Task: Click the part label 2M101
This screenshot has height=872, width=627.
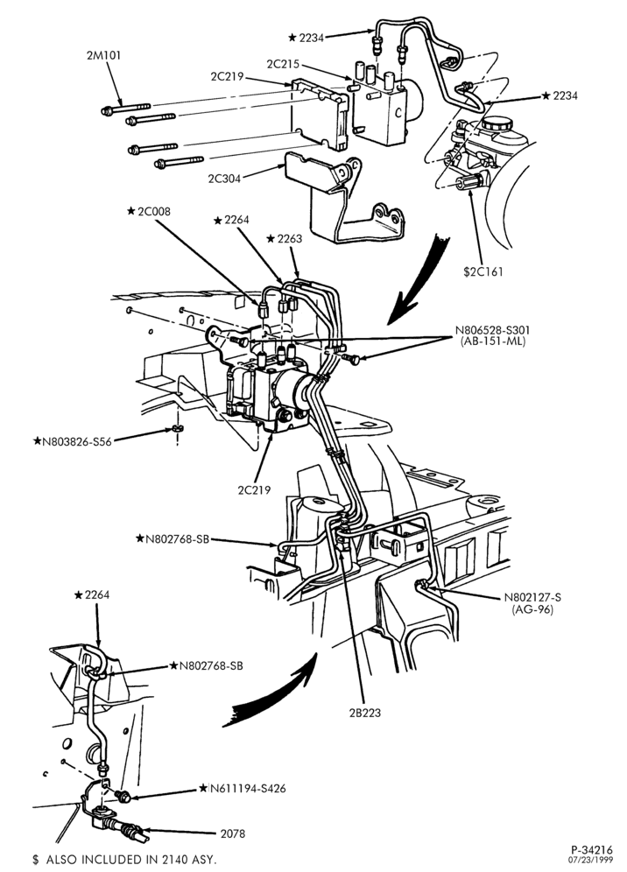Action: (103, 55)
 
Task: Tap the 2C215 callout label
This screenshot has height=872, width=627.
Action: (283, 64)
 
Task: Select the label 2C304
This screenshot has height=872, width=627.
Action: (225, 179)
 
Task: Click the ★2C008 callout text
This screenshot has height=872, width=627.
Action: (149, 211)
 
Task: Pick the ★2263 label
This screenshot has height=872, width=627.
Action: (284, 239)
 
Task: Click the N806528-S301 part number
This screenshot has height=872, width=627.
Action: (492, 331)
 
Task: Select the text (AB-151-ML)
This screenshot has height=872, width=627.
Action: (493, 341)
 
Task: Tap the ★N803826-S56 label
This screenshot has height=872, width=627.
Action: (73, 441)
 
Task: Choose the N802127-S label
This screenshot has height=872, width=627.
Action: (532, 598)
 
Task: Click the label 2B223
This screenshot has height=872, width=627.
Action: (365, 713)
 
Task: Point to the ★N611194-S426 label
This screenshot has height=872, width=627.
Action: (243, 788)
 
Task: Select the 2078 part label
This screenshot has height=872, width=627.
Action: (233, 833)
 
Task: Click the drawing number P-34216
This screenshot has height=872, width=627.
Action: (591, 850)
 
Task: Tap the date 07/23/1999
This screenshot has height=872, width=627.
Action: (591, 860)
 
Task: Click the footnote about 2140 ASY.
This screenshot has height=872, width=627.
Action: (124, 859)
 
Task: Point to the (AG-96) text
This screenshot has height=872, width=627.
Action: (532, 609)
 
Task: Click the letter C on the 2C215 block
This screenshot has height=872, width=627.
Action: (398, 112)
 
